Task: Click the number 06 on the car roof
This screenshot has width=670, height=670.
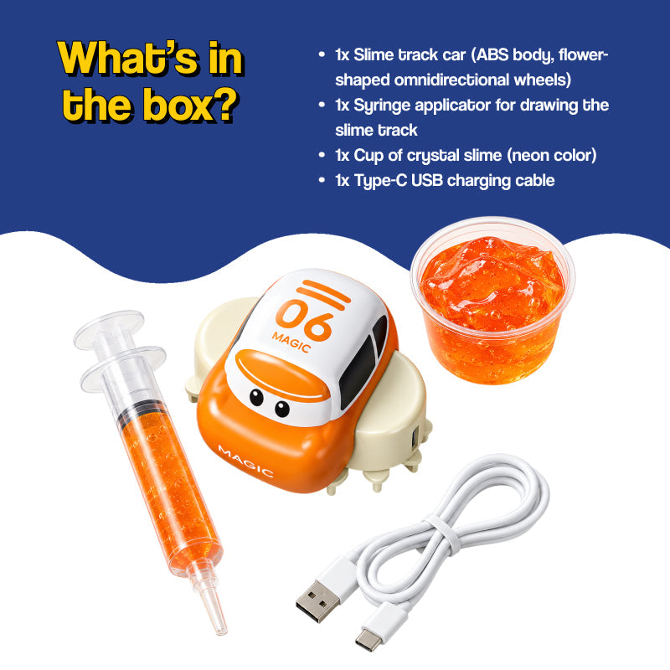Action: (304, 319)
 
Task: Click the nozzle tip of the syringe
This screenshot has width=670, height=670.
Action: (221, 631)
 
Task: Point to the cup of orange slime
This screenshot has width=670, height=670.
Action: (492, 301)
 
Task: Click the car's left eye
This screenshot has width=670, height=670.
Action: (256, 397)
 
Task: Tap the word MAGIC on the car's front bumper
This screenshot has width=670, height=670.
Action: (245, 461)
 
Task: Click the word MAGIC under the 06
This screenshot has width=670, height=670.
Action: (291, 342)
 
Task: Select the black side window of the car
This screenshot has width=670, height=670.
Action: (356, 371)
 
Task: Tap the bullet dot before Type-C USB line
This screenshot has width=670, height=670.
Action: (322, 180)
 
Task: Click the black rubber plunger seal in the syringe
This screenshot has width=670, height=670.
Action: (142, 411)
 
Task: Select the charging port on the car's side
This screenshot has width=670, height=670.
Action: (414, 438)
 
